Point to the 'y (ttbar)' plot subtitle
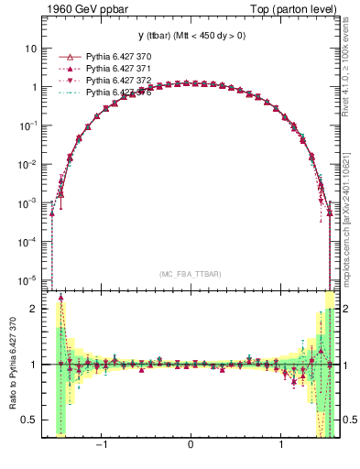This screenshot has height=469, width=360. (x=190, y=35)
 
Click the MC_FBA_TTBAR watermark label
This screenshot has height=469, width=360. (x=190, y=275)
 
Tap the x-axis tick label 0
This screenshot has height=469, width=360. (x=190, y=446)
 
